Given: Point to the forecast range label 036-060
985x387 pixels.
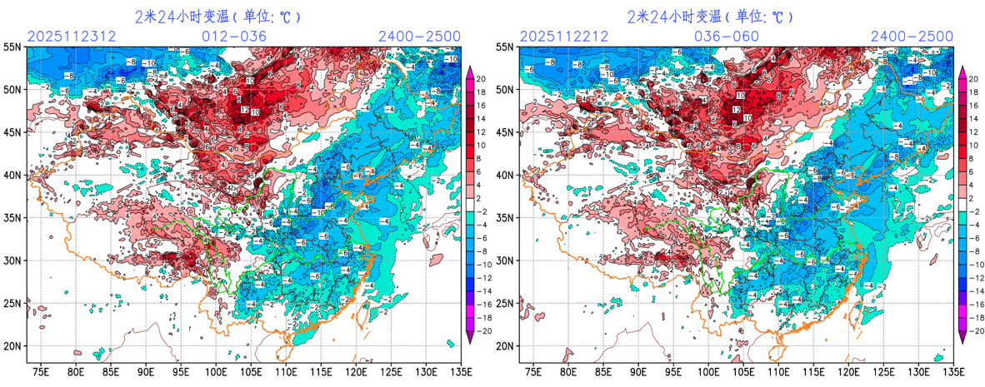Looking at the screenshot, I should click(727, 37).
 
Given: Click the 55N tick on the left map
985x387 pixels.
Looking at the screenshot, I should click(14, 47).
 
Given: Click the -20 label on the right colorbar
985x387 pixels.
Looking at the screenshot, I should click(976, 330).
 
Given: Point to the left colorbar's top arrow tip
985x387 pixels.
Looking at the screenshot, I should click(472, 67).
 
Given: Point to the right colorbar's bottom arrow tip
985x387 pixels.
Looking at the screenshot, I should click(964, 343).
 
